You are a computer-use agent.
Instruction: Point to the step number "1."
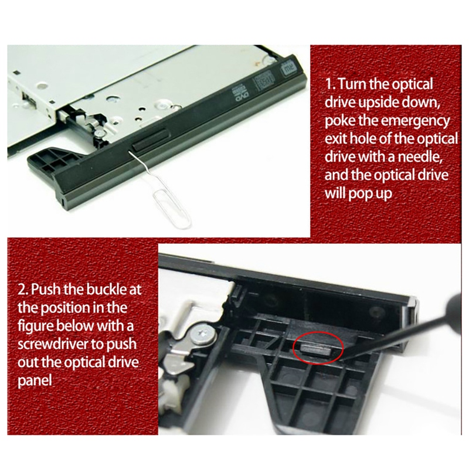(x=330, y=84)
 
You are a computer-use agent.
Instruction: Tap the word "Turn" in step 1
(x=352, y=84)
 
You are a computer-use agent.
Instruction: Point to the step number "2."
(x=23, y=290)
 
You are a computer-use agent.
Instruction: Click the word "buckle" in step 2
(x=106, y=289)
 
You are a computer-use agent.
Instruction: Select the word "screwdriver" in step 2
(x=53, y=344)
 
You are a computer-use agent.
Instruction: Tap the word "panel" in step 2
(x=35, y=381)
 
